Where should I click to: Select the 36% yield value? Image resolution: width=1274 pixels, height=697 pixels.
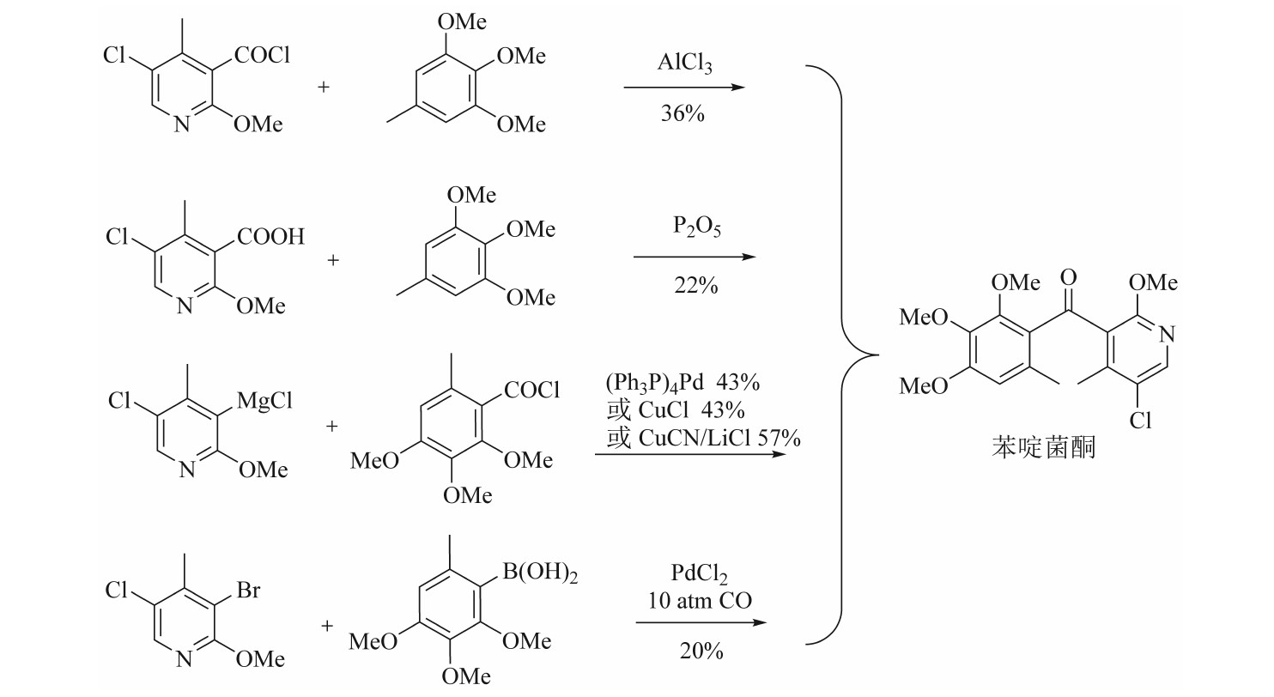682,112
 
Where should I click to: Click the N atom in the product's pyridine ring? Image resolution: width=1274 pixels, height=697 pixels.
1168,334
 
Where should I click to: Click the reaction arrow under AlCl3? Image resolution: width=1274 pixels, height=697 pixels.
682,88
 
